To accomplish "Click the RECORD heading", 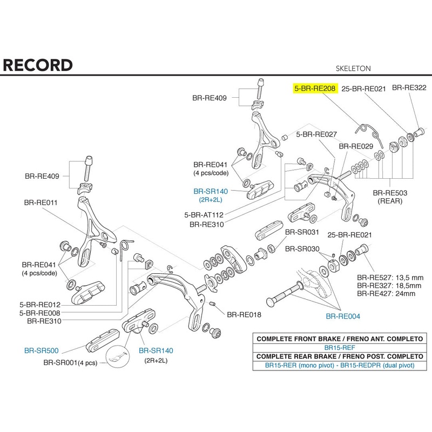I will point(38,65).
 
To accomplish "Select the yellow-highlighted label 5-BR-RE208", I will point(315,88).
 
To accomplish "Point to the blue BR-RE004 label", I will point(342,316).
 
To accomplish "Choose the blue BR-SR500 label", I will point(41,350).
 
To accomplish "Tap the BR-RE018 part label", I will point(244,314).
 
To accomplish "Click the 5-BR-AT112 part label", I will point(204,214).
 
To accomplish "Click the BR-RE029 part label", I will point(356,146).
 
